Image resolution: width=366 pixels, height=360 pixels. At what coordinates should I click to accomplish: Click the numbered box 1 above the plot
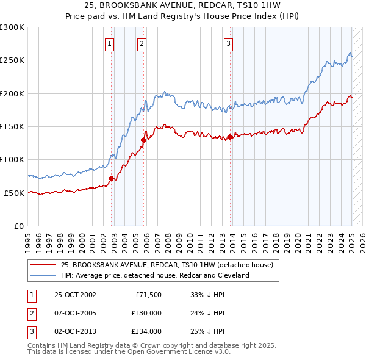[109, 43]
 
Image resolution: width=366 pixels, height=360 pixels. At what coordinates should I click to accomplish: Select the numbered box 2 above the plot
[142, 43]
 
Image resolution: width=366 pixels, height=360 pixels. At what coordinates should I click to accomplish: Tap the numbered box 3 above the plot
[228, 43]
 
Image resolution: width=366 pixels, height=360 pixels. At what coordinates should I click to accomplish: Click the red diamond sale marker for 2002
[112, 179]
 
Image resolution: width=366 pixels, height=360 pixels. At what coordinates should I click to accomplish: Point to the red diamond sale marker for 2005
[144, 140]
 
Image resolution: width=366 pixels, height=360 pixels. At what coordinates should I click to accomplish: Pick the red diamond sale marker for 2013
[231, 137]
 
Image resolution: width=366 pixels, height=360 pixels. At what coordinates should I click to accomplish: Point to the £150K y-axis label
[12, 127]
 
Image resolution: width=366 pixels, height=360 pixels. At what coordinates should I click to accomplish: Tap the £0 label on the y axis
[18, 226]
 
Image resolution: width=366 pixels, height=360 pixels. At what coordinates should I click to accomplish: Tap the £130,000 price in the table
[146, 313]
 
